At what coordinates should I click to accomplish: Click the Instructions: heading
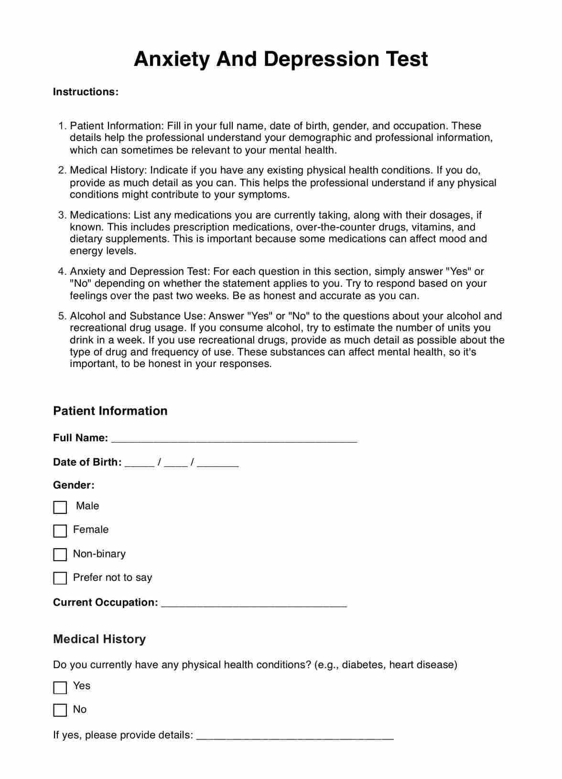pyautogui.click(x=86, y=92)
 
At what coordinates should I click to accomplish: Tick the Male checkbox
pyautogui.click(x=60, y=507)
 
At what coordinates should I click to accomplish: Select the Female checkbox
pyautogui.click(x=60, y=531)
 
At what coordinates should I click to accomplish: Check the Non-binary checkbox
pyautogui.click(x=60, y=554)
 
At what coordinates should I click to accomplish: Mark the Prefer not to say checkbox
pyautogui.click(x=60, y=578)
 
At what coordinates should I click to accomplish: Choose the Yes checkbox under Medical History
pyautogui.click(x=60, y=687)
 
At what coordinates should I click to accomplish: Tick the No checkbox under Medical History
pyautogui.click(x=60, y=711)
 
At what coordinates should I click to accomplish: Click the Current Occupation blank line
pyautogui.click(x=254, y=604)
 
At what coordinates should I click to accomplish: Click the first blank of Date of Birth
pyautogui.click(x=140, y=464)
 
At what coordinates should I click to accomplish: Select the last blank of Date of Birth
pyautogui.click(x=217, y=464)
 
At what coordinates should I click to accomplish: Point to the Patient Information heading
pyautogui.click(x=110, y=411)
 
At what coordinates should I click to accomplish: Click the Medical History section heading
pyautogui.click(x=99, y=639)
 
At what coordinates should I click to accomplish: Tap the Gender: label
pyautogui.click(x=74, y=485)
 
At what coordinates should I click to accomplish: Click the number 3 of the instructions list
pyautogui.click(x=62, y=215)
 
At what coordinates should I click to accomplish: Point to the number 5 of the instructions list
pyautogui.click(x=62, y=316)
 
